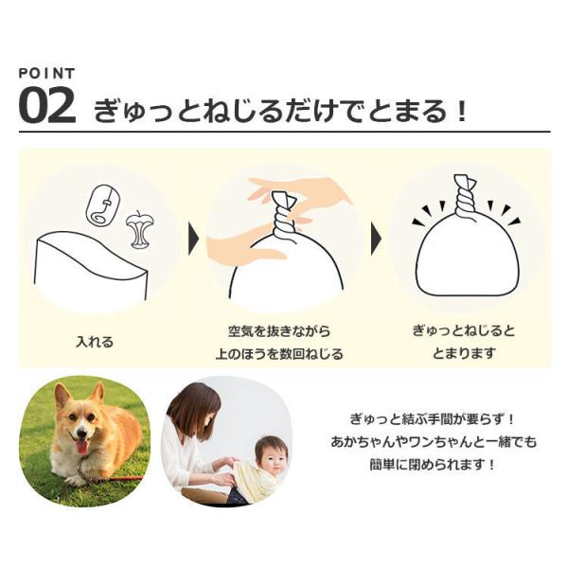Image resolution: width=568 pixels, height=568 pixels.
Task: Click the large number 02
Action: point(47,106)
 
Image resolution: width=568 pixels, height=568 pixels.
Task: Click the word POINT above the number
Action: point(46,74)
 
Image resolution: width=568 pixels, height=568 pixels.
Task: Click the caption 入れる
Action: point(95,342)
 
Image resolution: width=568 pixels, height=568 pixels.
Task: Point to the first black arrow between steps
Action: point(194,240)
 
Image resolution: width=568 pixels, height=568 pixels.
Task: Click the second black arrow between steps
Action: point(377,240)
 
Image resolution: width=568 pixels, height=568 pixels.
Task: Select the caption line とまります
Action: point(464,353)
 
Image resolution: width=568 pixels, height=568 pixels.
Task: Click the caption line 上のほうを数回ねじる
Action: point(279,353)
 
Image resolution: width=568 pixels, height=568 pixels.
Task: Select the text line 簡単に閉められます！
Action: point(433,465)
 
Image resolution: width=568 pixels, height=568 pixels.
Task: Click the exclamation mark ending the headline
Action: point(461,112)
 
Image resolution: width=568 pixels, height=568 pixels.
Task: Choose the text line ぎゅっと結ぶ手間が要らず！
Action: point(433,419)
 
